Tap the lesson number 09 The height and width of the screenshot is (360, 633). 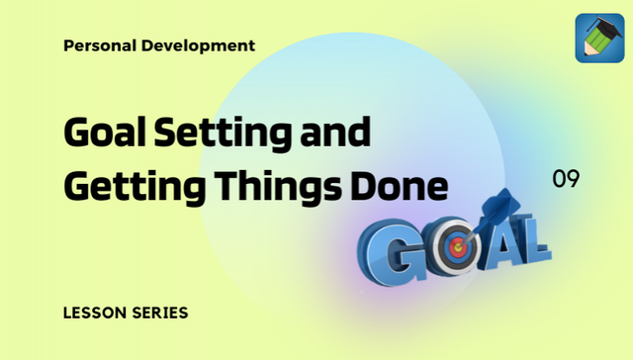[x=566, y=179]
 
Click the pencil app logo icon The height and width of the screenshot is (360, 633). [x=598, y=39]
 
